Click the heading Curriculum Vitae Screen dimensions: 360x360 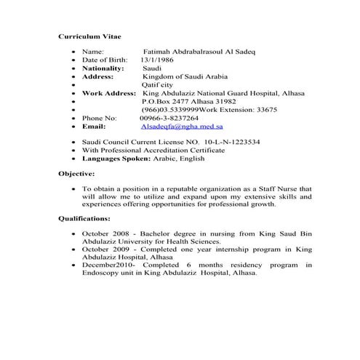coord(89,36)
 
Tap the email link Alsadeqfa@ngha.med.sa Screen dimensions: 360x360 coord(183,125)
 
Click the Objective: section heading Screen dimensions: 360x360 coord(76,174)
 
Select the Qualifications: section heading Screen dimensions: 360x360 coord(84,217)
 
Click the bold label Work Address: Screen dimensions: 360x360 coord(110,93)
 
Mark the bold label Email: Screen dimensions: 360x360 coord(95,125)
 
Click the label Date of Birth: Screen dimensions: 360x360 coord(105,60)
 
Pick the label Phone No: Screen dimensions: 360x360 coord(100,117)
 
